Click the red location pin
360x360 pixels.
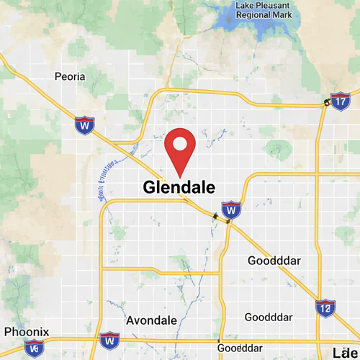point(180,148)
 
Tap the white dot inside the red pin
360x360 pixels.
point(180,143)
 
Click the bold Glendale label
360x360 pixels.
point(179,188)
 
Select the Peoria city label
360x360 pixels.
point(70,76)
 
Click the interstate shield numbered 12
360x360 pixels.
point(325,309)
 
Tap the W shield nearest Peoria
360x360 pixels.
point(85,125)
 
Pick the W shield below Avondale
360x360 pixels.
point(109,339)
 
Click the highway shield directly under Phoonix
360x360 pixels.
point(34,348)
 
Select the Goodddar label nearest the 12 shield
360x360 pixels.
point(269,317)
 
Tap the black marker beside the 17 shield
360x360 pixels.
point(327,104)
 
